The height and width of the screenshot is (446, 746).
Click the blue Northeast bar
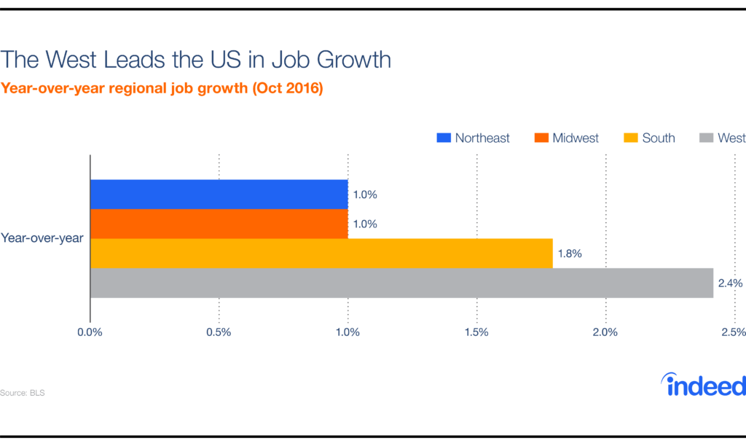pyautogui.click(x=219, y=194)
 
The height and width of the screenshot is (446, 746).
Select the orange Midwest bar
pyautogui.click(x=219, y=224)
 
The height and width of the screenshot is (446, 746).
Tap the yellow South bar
pyautogui.click(x=321, y=254)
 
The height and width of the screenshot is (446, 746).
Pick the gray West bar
pyautogui.click(x=401, y=283)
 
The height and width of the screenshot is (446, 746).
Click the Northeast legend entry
pyautogui.click(x=473, y=138)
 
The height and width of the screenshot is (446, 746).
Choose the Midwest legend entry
pyautogui.click(x=567, y=138)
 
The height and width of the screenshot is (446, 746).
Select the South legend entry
pyautogui.click(x=650, y=138)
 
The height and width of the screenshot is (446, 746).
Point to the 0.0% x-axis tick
pyautogui.click(x=90, y=332)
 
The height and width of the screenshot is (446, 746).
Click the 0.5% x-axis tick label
pyautogui.click(x=219, y=332)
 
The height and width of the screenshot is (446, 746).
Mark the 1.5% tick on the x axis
pyautogui.click(x=476, y=332)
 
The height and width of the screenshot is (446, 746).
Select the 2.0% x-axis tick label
pyautogui.click(x=605, y=332)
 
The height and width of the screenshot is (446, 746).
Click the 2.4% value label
pyautogui.click(x=731, y=283)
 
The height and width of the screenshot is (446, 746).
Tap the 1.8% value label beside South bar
pyautogui.click(x=570, y=254)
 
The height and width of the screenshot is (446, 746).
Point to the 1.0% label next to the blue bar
pyautogui.click(x=365, y=195)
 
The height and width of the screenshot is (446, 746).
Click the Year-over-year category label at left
pyautogui.click(x=42, y=238)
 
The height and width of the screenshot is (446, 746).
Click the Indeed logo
pyautogui.click(x=702, y=384)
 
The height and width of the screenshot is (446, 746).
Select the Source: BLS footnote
pyautogui.click(x=17, y=393)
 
